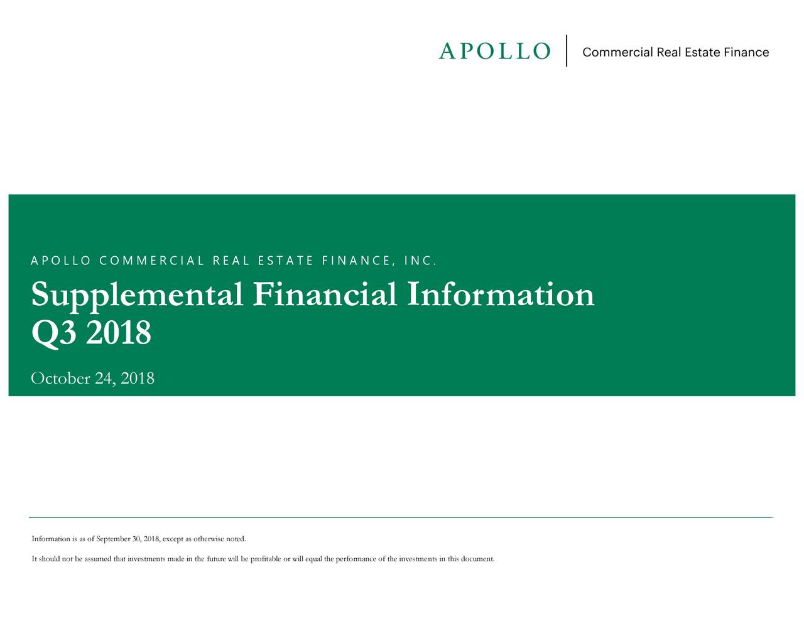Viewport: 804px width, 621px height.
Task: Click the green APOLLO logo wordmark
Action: click(x=494, y=51)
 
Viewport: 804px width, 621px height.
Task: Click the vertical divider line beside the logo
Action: click(x=567, y=51)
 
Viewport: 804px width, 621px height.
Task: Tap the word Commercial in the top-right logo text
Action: click(x=617, y=52)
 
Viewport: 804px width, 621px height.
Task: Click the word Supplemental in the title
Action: click(x=137, y=295)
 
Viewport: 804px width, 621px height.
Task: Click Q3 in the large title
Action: click(x=53, y=333)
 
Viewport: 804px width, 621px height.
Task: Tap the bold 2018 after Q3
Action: click(x=119, y=333)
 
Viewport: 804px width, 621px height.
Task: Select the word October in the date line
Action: click(x=60, y=378)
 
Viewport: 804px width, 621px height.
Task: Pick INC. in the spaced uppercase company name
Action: click(x=420, y=261)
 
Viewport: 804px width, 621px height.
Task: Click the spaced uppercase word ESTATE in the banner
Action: click(x=285, y=261)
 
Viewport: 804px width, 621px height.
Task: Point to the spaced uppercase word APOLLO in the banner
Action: click(x=60, y=261)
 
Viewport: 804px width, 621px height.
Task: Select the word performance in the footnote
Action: click(x=356, y=559)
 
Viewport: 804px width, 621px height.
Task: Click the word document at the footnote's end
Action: click(x=477, y=559)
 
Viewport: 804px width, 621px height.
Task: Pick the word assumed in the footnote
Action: click(x=98, y=559)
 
